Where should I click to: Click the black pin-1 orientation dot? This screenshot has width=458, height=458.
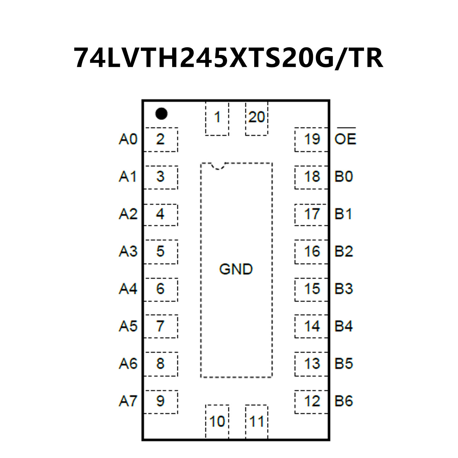click(x=161, y=114)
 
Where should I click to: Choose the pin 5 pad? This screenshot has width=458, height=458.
click(x=161, y=252)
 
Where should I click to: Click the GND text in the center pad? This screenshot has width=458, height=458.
click(x=236, y=269)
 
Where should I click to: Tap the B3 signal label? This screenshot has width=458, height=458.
click(x=344, y=289)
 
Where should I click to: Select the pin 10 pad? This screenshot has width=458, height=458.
click(x=217, y=421)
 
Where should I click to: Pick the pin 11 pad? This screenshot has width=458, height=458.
click(x=257, y=421)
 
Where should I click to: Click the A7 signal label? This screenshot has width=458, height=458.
click(x=128, y=401)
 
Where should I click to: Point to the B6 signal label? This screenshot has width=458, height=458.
click(x=344, y=401)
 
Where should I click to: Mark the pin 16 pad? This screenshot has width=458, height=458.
click(x=311, y=252)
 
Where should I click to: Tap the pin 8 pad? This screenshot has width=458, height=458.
click(x=161, y=364)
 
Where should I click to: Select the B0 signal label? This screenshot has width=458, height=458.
click(x=344, y=177)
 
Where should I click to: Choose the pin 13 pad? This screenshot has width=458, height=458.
click(x=311, y=364)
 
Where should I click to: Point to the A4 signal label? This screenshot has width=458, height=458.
click(x=128, y=289)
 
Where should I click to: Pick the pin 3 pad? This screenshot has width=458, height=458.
click(x=161, y=177)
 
